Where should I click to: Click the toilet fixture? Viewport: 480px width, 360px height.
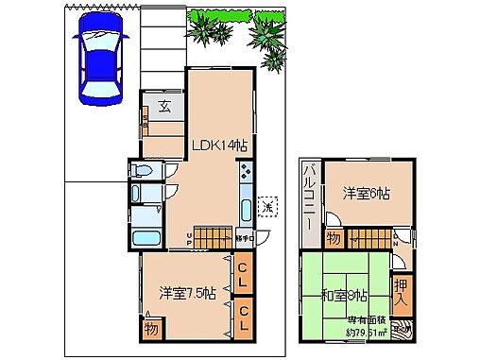pos(143,171)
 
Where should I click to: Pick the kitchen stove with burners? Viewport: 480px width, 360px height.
pos(246,173)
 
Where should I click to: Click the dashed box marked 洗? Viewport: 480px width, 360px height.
pos(268,206)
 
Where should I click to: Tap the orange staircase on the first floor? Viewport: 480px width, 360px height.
pos(214,237)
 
